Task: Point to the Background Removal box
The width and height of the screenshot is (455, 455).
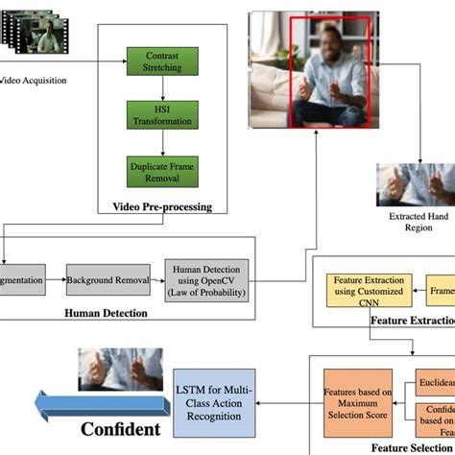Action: coord(108,280)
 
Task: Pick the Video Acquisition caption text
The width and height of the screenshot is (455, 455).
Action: coord(34,81)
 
